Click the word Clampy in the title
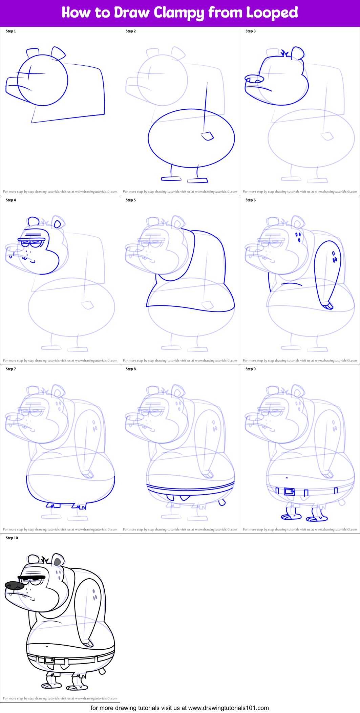[x=178, y=13]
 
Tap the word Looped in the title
[x=272, y=13]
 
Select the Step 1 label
[x=11, y=31]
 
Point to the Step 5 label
[x=131, y=200]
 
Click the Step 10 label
[x=12, y=538]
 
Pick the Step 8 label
[x=131, y=369]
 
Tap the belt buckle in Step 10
[x=49, y=660]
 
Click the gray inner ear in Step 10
[x=57, y=562]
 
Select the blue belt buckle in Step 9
[x=289, y=491]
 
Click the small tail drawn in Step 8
[x=222, y=502]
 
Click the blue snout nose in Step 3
[x=254, y=80]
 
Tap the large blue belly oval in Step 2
[x=191, y=138]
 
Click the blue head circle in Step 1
[x=42, y=80]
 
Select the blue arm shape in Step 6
[x=327, y=271]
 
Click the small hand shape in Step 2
[x=207, y=136]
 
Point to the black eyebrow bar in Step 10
[x=31, y=577]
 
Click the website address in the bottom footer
[x=228, y=708]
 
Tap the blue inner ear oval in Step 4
[x=58, y=224]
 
